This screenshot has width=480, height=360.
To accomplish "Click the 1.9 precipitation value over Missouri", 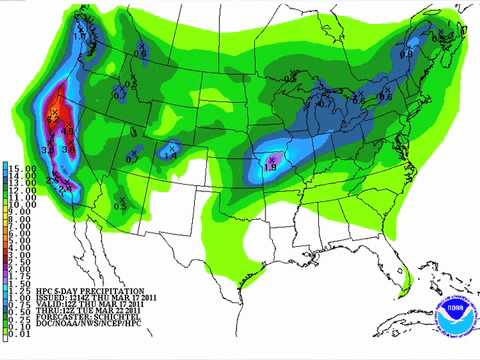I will pyautogui.click(x=269, y=167).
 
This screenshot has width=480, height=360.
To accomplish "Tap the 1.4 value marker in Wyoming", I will pyautogui.click(x=170, y=156).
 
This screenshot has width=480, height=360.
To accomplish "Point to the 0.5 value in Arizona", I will pyautogui.click(x=121, y=206).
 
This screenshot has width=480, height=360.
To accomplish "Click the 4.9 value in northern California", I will pyautogui.click(x=68, y=130).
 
